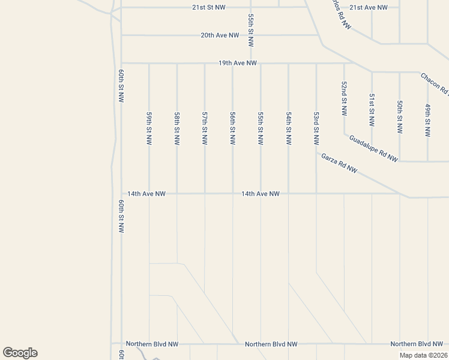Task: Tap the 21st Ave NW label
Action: (369, 7)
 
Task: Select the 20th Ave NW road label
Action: (220, 35)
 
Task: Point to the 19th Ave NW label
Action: (238, 62)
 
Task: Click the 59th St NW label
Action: (149, 128)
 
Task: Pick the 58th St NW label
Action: (177, 128)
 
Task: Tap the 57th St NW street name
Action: (205, 128)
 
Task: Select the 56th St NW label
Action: (233, 128)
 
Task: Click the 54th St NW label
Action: (289, 128)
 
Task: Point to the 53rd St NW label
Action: (316, 128)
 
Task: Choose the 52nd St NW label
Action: (344, 98)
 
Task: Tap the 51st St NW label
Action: (372, 109)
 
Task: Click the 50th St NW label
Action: (400, 116)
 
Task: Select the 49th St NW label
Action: (427, 121)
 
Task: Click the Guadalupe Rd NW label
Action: (373, 148)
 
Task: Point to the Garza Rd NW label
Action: (339, 163)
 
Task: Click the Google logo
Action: (20, 353)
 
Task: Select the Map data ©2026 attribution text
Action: (424, 355)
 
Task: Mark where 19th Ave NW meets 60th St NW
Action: (122, 62)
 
